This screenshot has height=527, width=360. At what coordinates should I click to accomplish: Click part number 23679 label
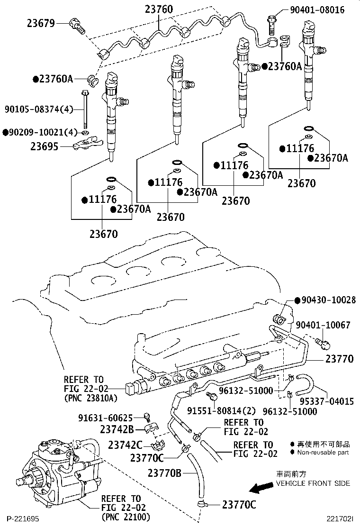(41, 23)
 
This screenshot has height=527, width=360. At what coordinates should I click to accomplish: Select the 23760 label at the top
(159, 9)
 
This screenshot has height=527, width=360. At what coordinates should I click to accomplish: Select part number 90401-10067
(323, 325)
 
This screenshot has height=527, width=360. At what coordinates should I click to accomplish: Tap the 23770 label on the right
(339, 359)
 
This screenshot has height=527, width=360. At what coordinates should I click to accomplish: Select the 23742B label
(115, 429)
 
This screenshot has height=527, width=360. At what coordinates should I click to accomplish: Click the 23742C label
(125, 445)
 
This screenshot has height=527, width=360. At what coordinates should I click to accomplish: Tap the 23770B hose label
(164, 472)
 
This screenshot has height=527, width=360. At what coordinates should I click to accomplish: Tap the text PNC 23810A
(90, 398)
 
